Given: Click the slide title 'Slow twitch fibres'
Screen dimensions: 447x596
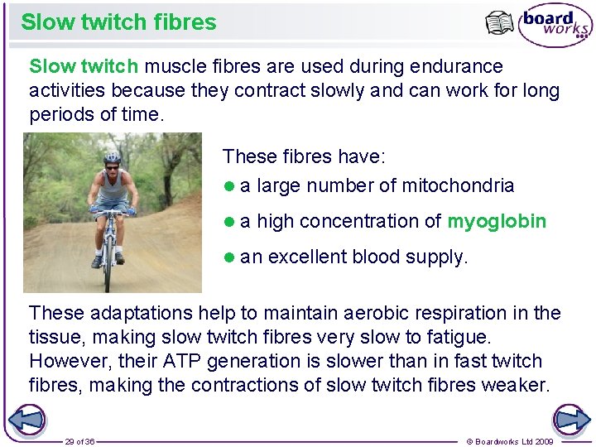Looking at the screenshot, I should click(118, 22).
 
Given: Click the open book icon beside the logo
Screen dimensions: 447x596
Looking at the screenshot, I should click(499, 23).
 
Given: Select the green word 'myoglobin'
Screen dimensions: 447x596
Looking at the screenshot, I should click(497, 221).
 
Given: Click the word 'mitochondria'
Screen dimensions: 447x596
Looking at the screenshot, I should click(458, 185).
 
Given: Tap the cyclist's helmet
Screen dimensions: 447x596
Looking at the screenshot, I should click(113, 156).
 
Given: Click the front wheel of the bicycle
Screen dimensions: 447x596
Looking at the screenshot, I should click(108, 265).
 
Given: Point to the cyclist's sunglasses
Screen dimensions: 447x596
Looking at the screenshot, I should click(113, 167).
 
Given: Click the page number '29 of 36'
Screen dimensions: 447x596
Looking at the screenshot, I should click(80, 441).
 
